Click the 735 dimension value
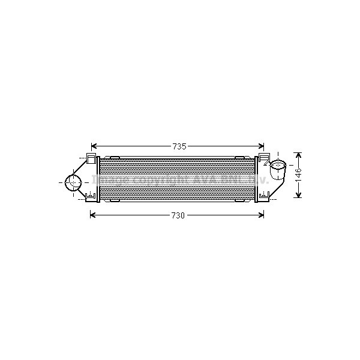(x=179, y=146)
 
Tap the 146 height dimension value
(x=299, y=175)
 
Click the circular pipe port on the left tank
(x=73, y=183)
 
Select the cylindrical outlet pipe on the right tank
(x=277, y=170)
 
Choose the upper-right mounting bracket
(x=263, y=158)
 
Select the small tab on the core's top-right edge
(x=239, y=157)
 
